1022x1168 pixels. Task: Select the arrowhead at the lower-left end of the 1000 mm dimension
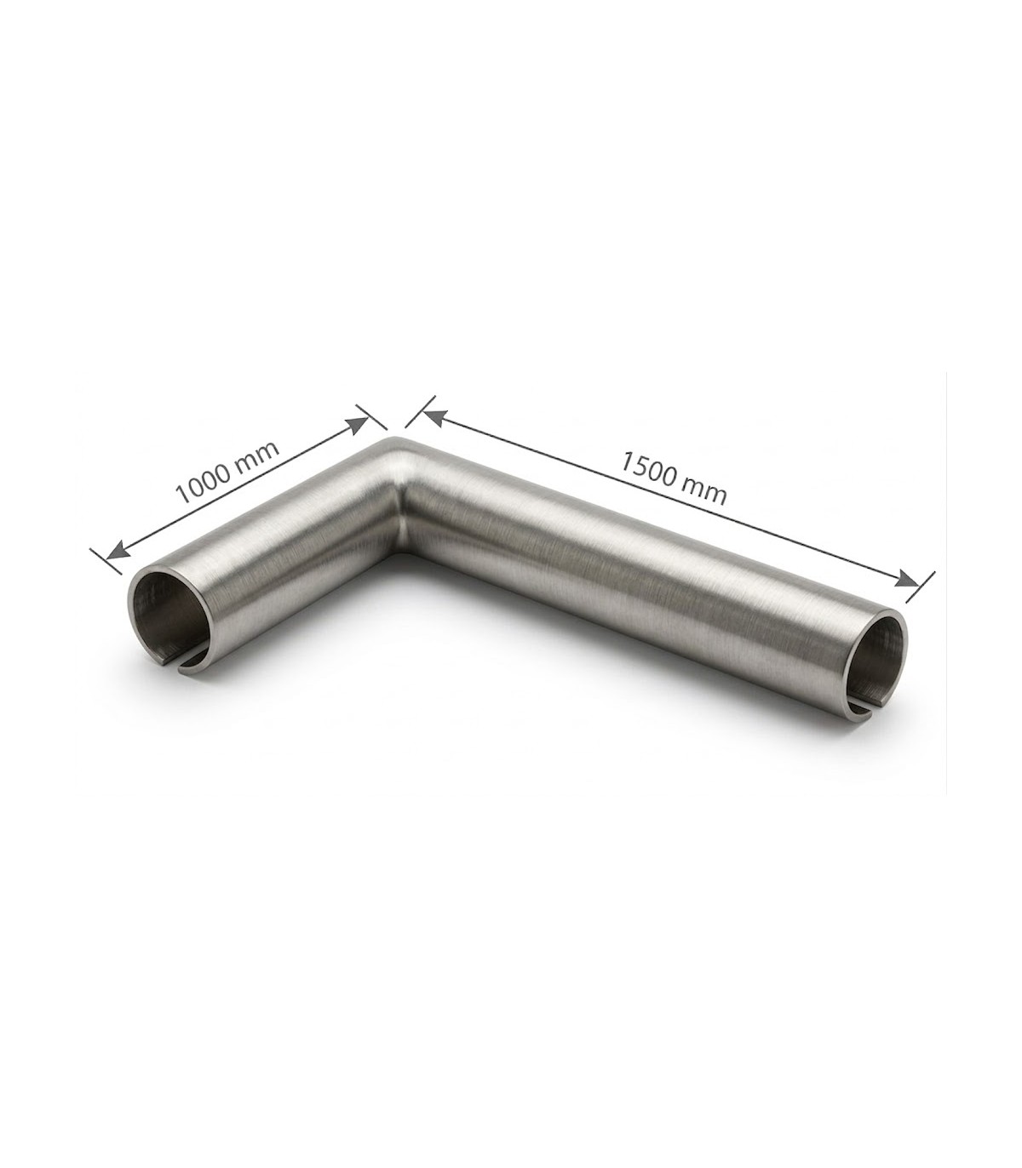117,549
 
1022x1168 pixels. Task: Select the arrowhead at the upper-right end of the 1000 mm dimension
358,425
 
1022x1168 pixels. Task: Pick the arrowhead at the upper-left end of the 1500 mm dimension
433,418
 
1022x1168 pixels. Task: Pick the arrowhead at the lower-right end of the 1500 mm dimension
909,579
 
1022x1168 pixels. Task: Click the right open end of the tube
877,661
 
